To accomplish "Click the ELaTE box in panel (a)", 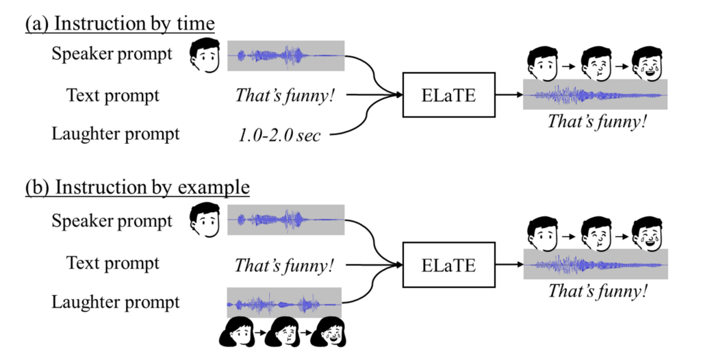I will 448,94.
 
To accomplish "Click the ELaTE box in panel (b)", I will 448,263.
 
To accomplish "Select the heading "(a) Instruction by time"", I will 120,24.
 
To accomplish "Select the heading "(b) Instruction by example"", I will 137,188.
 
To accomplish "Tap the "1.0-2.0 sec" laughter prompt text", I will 279,135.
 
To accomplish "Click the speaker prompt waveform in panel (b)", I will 285,220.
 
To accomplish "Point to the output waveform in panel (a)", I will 595,94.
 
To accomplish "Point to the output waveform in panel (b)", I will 595,264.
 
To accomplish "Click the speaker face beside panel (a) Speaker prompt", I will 204,55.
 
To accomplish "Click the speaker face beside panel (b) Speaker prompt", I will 204,219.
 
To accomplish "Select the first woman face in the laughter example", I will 235,335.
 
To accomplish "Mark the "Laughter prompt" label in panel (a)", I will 116,133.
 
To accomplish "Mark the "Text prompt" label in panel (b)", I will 113,263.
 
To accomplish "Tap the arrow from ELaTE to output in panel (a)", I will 508,94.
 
